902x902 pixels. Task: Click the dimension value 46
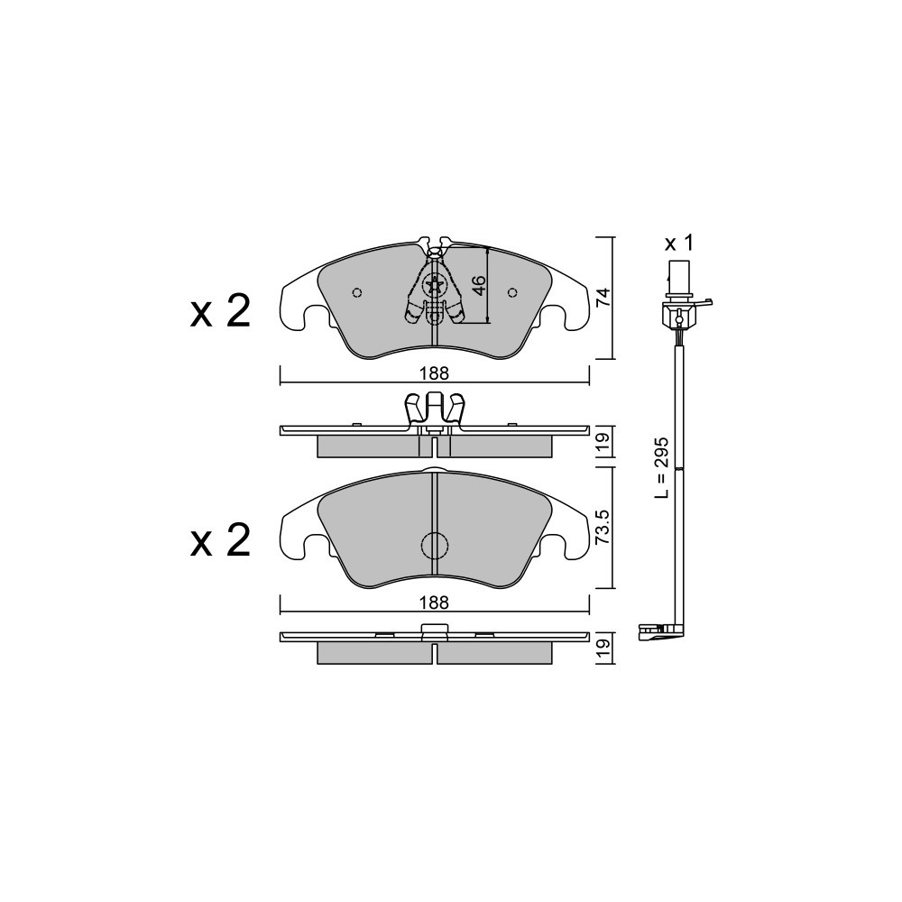pos(479,285)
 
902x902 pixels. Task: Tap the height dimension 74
pos(602,298)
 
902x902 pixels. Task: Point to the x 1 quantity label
pos(679,244)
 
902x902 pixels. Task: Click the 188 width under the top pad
pos(434,373)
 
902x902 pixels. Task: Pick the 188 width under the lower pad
pos(434,603)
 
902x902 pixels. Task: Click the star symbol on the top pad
pos(434,285)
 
